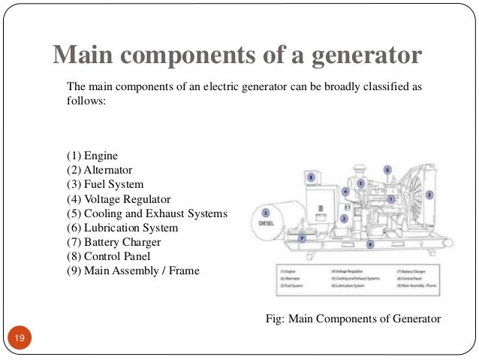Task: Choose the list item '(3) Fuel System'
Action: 104,184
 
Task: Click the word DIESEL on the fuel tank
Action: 267,222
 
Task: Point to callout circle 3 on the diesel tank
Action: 267,213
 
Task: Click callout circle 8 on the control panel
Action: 311,177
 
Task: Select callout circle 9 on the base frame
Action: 369,244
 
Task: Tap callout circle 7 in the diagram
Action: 302,237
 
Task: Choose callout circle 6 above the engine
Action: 387,169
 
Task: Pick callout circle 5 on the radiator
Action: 429,194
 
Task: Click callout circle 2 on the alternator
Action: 343,219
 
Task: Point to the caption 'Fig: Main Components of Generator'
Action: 354,319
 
